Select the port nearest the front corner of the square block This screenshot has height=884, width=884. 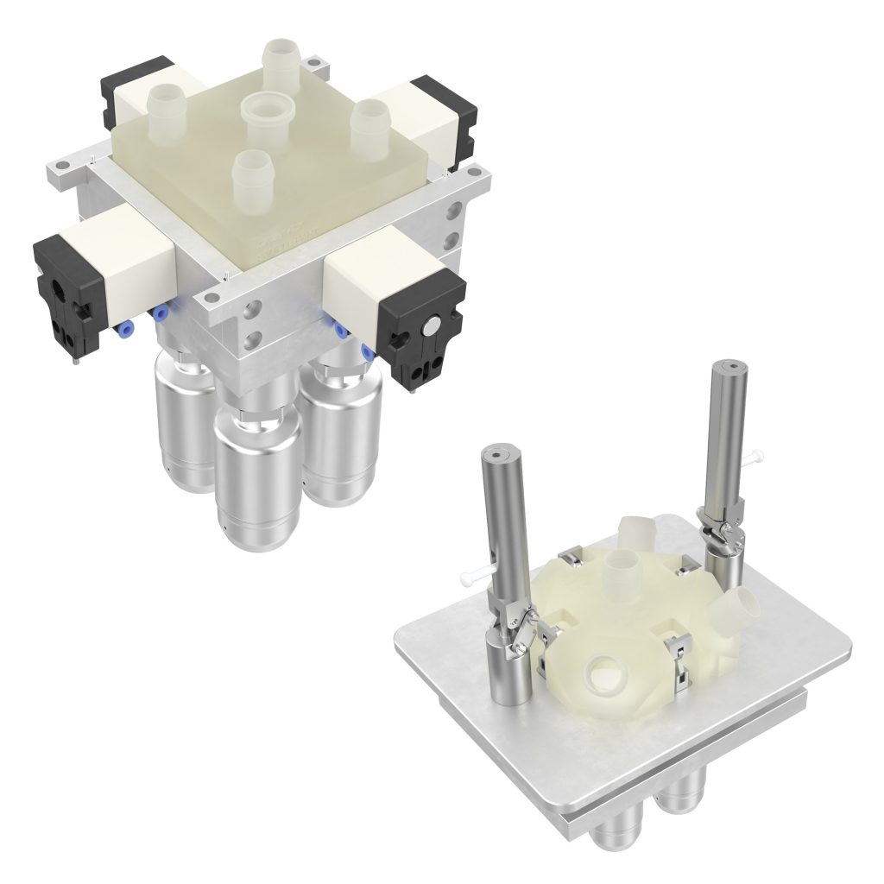click(249, 173)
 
